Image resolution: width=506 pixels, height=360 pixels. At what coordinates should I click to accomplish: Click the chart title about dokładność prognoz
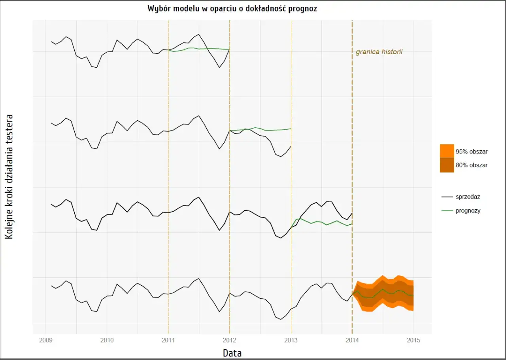[232, 8]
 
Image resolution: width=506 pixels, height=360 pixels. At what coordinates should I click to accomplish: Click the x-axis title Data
[232, 352]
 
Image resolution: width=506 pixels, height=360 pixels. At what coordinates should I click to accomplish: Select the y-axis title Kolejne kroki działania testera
[9, 176]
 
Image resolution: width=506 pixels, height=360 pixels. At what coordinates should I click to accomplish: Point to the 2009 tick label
[46, 340]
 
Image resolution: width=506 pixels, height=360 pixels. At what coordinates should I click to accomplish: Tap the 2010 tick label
[107, 340]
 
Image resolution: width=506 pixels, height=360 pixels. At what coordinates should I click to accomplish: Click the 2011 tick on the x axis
[168, 340]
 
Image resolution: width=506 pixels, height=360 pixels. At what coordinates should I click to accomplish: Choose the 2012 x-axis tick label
[230, 340]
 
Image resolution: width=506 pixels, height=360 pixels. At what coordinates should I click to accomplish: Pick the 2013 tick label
[291, 340]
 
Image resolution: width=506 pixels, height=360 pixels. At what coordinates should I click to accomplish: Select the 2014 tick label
[352, 340]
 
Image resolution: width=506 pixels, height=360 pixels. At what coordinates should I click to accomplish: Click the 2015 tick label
[413, 340]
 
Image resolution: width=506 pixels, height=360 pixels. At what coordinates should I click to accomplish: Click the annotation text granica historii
[379, 52]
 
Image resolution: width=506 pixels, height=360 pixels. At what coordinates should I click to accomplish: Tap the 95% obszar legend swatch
[446, 151]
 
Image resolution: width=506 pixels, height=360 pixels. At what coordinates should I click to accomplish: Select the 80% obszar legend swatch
[446, 165]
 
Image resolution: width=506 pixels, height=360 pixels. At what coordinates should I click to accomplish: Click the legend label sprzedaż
[468, 196]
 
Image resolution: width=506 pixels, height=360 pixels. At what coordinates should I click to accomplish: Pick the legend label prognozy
[468, 210]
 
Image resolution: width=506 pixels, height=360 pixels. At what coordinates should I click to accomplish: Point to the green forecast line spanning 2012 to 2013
[261, 129]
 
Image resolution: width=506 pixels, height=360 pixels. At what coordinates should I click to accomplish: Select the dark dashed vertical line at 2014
[352, 119]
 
